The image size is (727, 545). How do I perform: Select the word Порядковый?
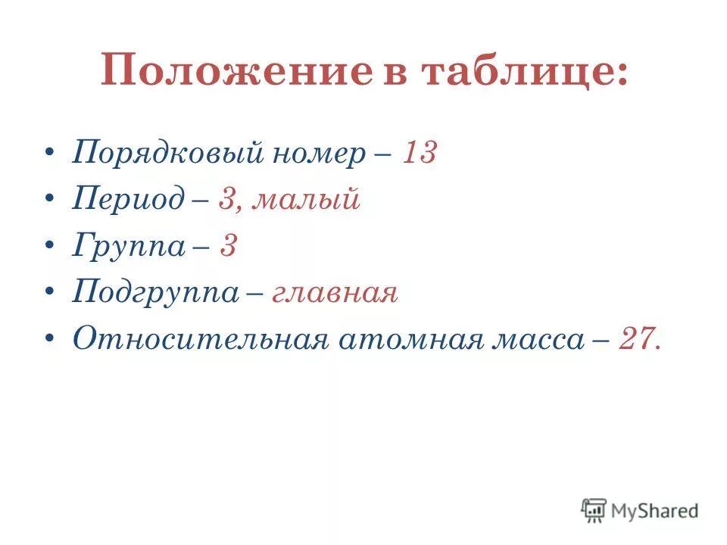coord(166,154)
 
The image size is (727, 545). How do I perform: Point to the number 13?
coord(419,154)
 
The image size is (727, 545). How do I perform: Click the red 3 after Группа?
coord(228,247)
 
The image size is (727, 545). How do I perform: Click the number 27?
coord(637,339)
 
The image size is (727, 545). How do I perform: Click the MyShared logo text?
coord(655,511)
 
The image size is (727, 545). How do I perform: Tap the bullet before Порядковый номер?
coord(49,154)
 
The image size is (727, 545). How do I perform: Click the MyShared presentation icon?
coord(594,510)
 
